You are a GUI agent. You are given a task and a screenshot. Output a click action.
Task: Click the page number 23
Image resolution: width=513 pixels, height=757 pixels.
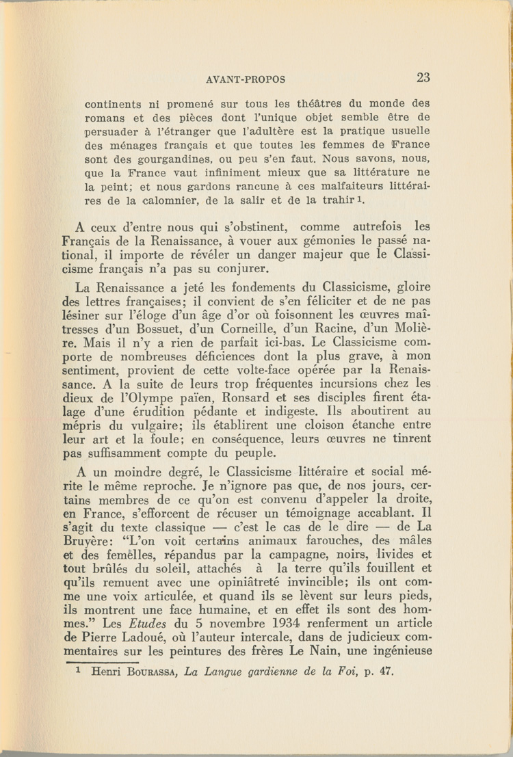tap(423, 77)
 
